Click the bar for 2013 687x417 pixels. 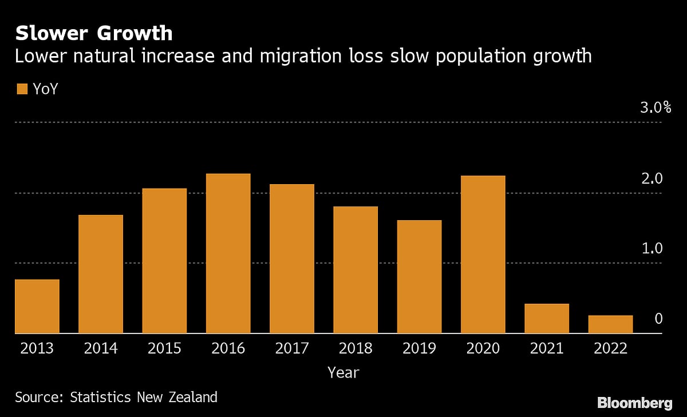pos(37,306)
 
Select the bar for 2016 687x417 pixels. pos(228,253)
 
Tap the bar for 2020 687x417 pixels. pos(483,255)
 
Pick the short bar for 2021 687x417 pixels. pos(547,318)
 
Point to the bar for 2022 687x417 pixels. pos(610,324)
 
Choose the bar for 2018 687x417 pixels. pos(356,269)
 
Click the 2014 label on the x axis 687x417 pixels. pos(101,348)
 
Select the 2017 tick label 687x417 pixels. pos(292,348)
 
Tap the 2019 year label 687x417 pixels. pos(419,348)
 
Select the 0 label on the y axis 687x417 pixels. pos(658,319)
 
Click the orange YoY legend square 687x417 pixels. pos(22,89)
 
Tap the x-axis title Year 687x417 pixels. pos(343,373)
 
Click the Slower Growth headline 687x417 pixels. pos(94,33)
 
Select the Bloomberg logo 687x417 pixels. pos(635,403)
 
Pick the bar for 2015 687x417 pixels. pos(164,261)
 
